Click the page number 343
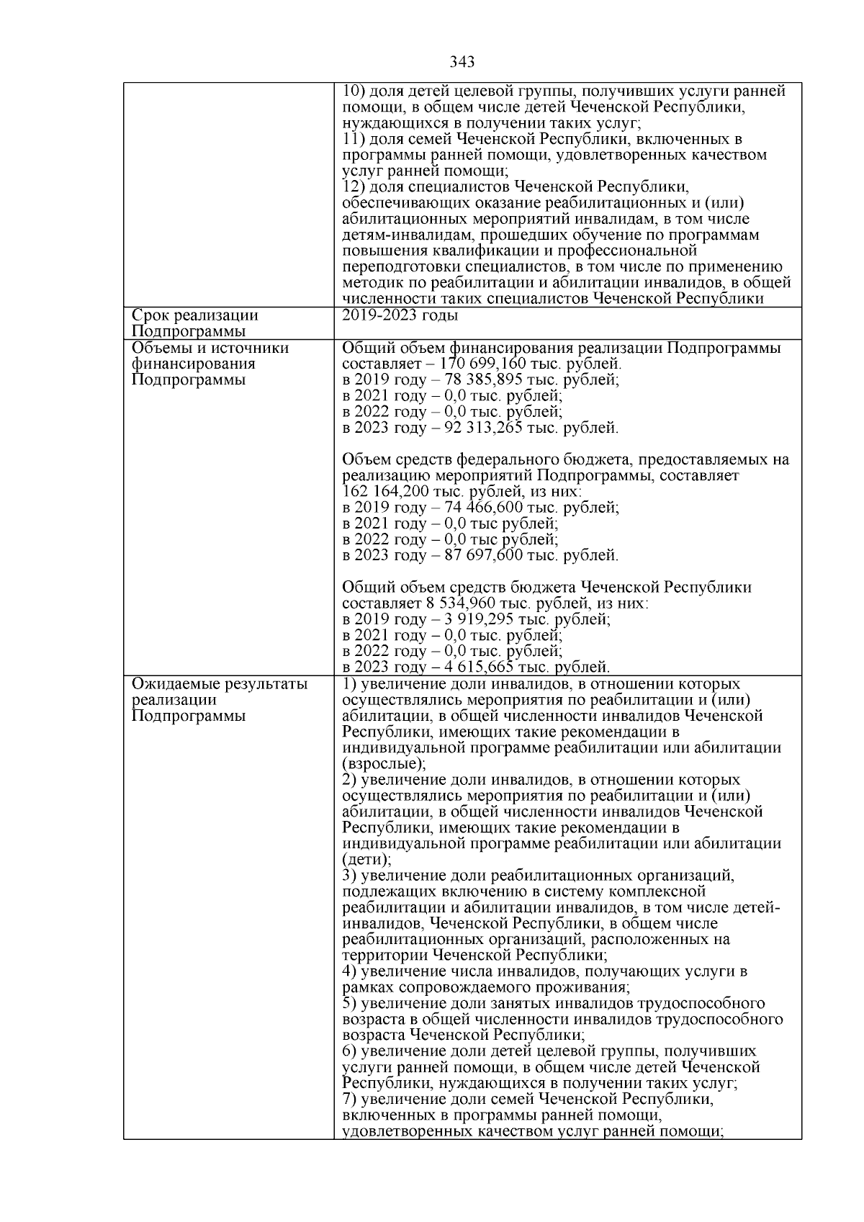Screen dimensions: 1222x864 pos(462,63)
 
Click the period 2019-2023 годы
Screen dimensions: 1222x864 pos(400,316)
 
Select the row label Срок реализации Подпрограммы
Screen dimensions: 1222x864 pos(194,323)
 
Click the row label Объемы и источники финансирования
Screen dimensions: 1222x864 pos(209,356)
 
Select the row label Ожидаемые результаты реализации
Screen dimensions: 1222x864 pos(219,692)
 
